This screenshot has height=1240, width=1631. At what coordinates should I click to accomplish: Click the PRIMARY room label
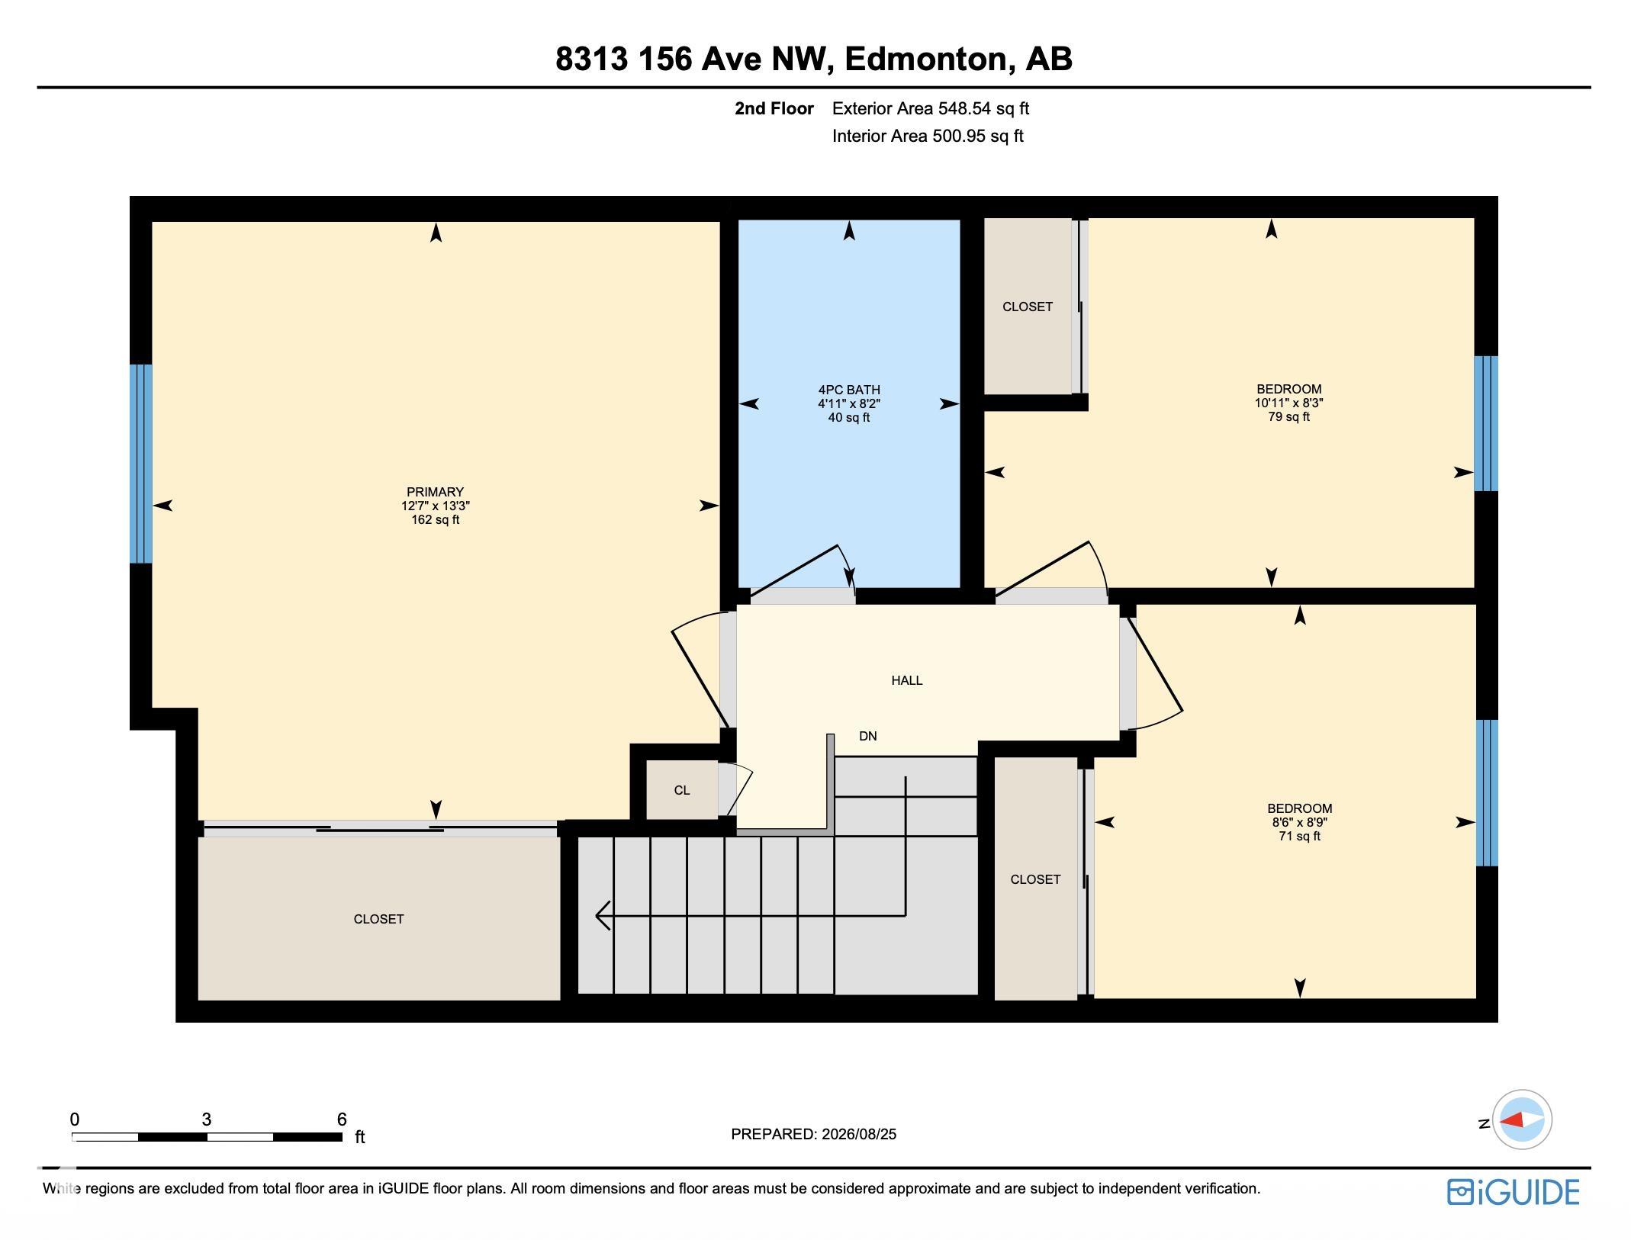(435, 492)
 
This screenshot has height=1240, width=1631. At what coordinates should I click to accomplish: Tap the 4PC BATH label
(849, 390)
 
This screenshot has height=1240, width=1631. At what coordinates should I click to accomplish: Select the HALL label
(907, 680)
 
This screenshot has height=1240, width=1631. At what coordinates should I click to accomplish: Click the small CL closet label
(682, 790)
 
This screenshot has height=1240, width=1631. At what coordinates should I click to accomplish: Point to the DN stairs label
(868, 736)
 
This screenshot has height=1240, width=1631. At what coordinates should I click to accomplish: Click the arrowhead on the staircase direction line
(603, 915)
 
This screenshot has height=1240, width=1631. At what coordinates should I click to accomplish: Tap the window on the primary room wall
(141, 464)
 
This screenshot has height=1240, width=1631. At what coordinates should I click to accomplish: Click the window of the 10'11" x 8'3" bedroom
(1486, 423)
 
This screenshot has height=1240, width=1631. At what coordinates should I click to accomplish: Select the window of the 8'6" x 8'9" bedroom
(1487, 793)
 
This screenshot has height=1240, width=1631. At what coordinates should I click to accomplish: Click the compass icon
(1522, 1120)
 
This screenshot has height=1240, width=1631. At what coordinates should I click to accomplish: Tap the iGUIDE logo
(1514, 1192)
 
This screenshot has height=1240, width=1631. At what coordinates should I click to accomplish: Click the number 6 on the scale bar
(342, 1119)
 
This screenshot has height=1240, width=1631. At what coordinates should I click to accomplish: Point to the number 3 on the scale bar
(206, 1119)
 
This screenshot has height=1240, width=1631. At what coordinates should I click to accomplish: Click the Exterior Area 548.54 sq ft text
(931, 108)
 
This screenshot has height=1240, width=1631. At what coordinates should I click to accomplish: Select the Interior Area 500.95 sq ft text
(928, 136)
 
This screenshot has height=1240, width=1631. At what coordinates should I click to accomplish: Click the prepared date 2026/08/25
(859, 1134)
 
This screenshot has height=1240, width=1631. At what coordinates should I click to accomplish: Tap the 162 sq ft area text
(435, 520)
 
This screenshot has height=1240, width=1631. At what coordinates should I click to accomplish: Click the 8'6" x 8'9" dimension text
(1300, 822)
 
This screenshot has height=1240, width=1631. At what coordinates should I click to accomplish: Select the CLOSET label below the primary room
(378, 919)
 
